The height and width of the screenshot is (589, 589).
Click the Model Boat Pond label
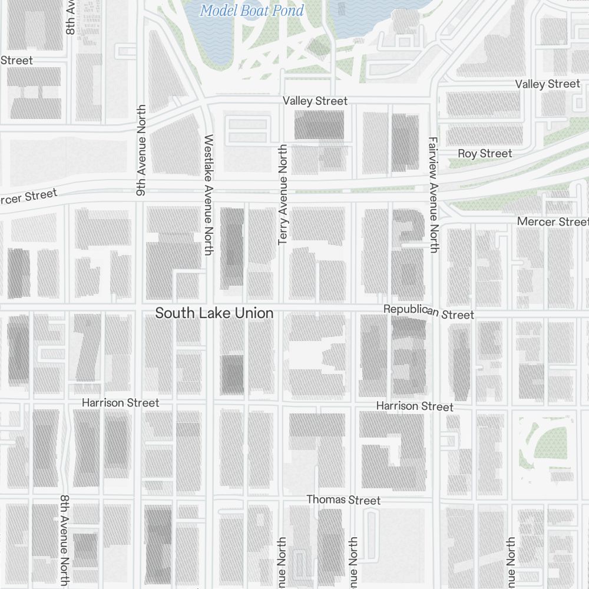pos(252,11)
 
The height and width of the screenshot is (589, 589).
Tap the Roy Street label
pos(485,154)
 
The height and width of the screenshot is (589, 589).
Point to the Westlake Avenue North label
pos(208,195)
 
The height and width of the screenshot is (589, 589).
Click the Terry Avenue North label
pos(283,195)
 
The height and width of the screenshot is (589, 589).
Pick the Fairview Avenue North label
pos(434,195)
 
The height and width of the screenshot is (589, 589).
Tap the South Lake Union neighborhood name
pos(214,313)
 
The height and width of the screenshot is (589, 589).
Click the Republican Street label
pos(428,312)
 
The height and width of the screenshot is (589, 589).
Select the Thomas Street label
pos(343,499)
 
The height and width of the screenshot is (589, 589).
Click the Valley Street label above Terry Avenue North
pos(315,101)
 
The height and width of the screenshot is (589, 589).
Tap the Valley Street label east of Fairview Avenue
pos(547,84)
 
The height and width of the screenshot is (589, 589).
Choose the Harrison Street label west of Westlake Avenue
pos(120,403)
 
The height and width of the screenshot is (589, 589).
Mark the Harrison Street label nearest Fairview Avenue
pos(415,406)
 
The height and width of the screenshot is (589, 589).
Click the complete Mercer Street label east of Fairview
pos(552,222)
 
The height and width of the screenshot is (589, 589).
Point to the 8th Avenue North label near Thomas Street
pos(65,540)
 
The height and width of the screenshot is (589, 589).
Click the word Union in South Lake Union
pos(254,313)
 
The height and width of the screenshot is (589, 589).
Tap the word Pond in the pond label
pos(288,11)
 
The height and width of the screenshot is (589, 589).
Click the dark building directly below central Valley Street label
pos(319,125)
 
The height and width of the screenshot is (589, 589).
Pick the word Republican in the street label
pos(411,310)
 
